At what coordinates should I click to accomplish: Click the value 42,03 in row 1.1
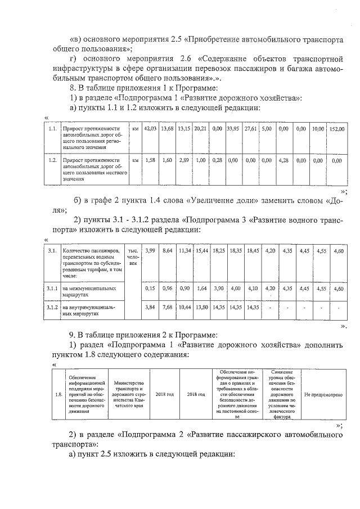[x=150, y=129]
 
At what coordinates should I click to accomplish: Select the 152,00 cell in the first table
[x=337, y=129]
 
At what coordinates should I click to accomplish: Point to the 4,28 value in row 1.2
[x=283, y=160]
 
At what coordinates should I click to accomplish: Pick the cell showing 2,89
[x=184, y=160]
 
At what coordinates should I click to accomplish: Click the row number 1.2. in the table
[x=52, y=160]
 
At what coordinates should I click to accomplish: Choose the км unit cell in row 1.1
[x=135, y=129]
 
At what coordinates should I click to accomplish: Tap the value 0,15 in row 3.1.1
[x=150, y=288]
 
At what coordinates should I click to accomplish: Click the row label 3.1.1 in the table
[x=52, y=288]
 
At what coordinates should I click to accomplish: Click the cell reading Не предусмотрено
[x=323, y=394]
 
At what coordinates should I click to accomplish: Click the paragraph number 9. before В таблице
[x=72, y=336]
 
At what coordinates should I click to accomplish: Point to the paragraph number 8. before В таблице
[x=72, y=88]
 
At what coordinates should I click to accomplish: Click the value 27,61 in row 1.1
[x=250, y=129]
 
